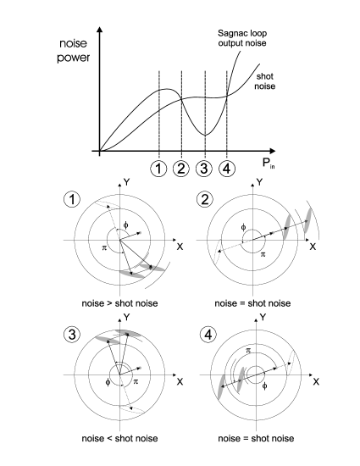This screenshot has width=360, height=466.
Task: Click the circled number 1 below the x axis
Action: (158, 169)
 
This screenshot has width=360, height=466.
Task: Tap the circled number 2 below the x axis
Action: (181, 169)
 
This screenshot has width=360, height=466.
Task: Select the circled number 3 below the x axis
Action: (204, 169)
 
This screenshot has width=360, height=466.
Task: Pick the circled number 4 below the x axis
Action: (227, 169)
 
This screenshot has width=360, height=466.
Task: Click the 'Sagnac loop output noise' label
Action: (242, 38)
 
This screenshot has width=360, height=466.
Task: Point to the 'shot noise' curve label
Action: (264, 81)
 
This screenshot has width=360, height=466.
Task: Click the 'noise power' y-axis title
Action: (73, 51)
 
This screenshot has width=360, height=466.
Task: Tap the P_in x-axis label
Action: (269, 164)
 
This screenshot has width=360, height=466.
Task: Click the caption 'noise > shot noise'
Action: (119, 303)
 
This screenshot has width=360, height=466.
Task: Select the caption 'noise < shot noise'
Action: (119, 438)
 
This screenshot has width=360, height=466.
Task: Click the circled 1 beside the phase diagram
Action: (72, 199)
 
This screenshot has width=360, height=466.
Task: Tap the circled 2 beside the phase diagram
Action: (205, 199)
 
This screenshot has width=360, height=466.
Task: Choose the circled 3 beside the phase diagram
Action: (72, 335)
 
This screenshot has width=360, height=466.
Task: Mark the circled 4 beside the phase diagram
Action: (208, 335)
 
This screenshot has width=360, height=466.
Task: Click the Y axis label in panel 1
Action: (127, 182)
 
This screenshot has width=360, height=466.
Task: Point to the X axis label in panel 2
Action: (313, 247)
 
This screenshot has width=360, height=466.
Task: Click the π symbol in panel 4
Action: (248, 351)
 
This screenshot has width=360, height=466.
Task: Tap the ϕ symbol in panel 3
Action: (108, 382)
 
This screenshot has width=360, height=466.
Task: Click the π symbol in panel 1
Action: (104, 247)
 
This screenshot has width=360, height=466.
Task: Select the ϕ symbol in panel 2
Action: (243, 228)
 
